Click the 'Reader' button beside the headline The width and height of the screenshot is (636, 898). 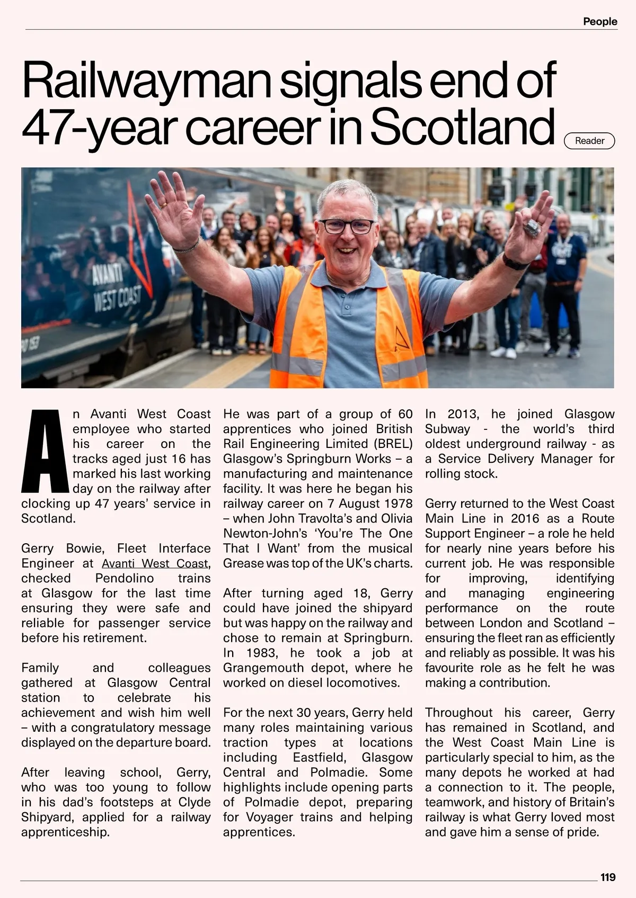point(589,141)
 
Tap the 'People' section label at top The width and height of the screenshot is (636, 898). point(600,22)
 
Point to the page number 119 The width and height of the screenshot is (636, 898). point(607,877)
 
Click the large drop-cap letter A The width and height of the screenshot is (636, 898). point(45,451)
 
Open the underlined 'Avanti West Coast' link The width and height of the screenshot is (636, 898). point(155,563)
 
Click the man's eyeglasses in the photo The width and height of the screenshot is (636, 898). point(347,226)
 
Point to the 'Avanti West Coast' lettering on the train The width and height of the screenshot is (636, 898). point(116,289)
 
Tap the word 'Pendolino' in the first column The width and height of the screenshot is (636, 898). point(125,578)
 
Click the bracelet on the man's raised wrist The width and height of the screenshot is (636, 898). point(187,247)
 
